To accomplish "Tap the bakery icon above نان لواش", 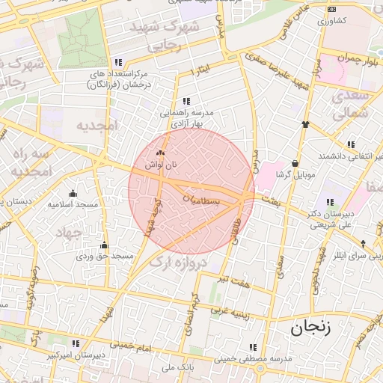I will pos(159,153).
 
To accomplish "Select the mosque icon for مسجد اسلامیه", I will pos(73,193).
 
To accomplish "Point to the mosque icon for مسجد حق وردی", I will pos(104,245).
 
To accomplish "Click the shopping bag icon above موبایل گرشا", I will pos(295,163).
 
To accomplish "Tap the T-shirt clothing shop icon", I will pos(304,124).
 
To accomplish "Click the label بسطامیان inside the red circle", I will pos(202,200).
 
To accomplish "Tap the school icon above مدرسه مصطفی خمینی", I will pos(252,347).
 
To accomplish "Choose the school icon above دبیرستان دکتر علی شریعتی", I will pos(330,202).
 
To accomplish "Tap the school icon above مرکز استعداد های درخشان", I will pos(117,63).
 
